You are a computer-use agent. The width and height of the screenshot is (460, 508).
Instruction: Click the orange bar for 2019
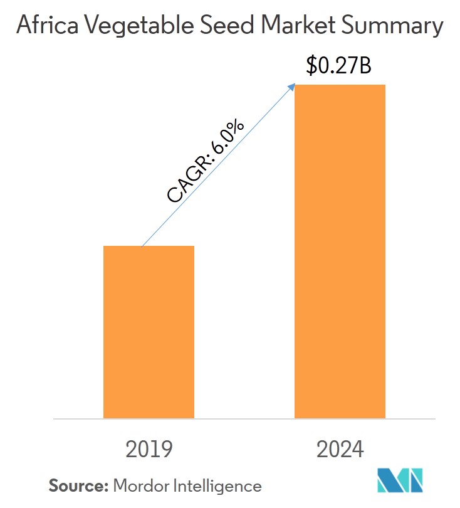point(149,332)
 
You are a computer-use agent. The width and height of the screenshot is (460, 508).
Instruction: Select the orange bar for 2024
point(340,251)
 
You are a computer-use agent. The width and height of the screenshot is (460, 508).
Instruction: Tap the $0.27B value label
point(339,65)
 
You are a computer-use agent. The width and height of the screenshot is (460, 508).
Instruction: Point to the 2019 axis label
point(149,449)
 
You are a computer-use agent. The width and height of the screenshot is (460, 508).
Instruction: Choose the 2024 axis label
point(340,449)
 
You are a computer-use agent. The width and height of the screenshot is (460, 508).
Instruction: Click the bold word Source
point(78,485)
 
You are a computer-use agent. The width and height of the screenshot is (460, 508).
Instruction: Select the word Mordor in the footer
point(139,485)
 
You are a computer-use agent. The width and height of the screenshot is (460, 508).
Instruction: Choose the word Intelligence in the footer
point(216,485)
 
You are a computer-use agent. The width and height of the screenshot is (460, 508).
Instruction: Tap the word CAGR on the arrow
point(186,182)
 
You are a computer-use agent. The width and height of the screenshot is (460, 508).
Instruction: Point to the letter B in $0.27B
point(365,65)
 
